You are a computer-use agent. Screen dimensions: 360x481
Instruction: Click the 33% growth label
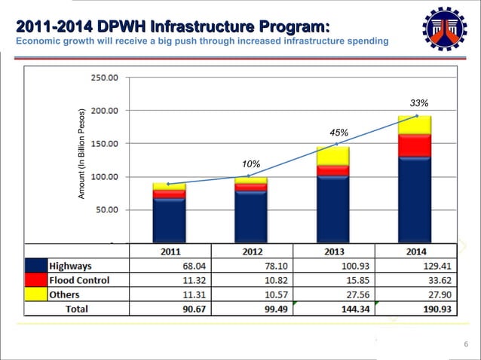click(419, 102)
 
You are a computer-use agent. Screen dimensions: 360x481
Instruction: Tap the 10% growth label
click(251, 164)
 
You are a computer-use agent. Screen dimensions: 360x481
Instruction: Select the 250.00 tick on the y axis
click(104, 77)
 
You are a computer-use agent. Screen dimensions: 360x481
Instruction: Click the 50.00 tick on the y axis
click(106, 210)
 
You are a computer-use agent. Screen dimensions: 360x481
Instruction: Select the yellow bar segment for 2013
click(332, 156)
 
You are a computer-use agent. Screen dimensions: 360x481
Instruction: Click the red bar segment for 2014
click(415, 145)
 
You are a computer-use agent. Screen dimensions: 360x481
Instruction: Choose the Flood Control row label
click(79, 280)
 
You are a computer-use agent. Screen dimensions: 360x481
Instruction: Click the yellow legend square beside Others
click(36, 294)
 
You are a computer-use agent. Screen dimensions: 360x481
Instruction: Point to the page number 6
click(466, 345)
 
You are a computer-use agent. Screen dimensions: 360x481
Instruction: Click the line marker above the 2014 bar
click(416, 116)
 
